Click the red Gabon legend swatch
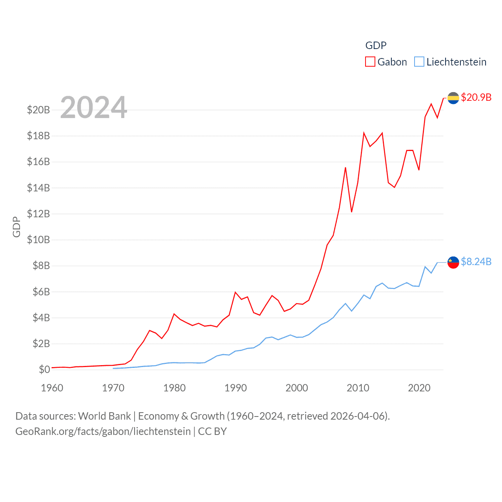[370, 62]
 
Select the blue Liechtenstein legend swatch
[419, 62]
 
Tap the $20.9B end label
[476, 97]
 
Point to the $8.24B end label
[476, 262]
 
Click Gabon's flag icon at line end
[453, 98]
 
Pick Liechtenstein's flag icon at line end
[453, 262]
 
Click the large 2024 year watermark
[94, 107]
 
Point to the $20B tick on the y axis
[38, 110]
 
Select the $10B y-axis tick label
[38, 240]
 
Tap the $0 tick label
[44, 369]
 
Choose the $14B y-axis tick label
[38, 188]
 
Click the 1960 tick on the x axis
[52, 388]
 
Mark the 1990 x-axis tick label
[236, 388]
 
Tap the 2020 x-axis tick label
[419, 388]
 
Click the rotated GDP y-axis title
[16, 227]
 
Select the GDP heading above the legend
[376, 45]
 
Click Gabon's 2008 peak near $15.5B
[346, 168]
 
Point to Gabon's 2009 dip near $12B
[352, 212]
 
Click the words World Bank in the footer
[104, 416]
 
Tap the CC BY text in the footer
[212, 431]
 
